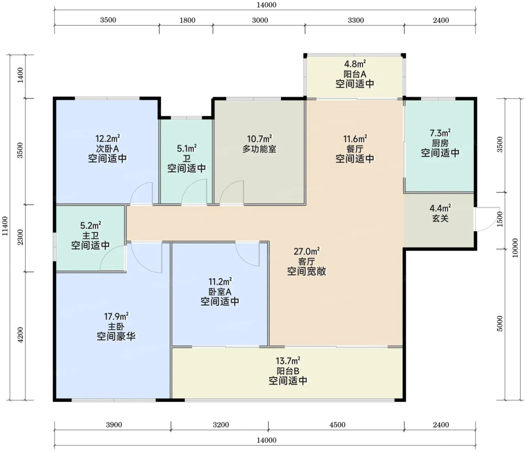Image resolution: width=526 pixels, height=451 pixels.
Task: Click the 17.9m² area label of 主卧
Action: (116, 316)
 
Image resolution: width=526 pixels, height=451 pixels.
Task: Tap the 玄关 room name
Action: (440, 218)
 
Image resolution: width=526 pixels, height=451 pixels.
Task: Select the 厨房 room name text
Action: (440, 143)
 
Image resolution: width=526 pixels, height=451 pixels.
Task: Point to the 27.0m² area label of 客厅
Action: (306, 251)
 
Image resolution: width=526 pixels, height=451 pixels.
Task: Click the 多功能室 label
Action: (259, 149)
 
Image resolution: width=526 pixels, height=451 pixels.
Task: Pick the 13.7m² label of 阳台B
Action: (288, 361)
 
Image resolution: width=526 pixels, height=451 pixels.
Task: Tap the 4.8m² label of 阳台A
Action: (355, 64)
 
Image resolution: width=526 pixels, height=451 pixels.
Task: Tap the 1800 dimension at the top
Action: (187, 20)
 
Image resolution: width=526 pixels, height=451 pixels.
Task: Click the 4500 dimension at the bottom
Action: (337, 425)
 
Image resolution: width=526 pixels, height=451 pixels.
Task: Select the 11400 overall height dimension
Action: (5, 226)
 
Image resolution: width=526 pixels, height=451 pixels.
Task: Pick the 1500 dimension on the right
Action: (500, 219)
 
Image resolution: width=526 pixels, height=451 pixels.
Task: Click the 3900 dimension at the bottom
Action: (114, 425)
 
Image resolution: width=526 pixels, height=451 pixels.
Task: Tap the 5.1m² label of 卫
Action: (186, 148)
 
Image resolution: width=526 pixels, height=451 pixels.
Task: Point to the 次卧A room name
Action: (107, 148)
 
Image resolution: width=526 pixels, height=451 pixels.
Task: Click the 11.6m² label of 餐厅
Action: (355, 139)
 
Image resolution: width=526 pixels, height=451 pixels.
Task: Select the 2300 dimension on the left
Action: (20, 237)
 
